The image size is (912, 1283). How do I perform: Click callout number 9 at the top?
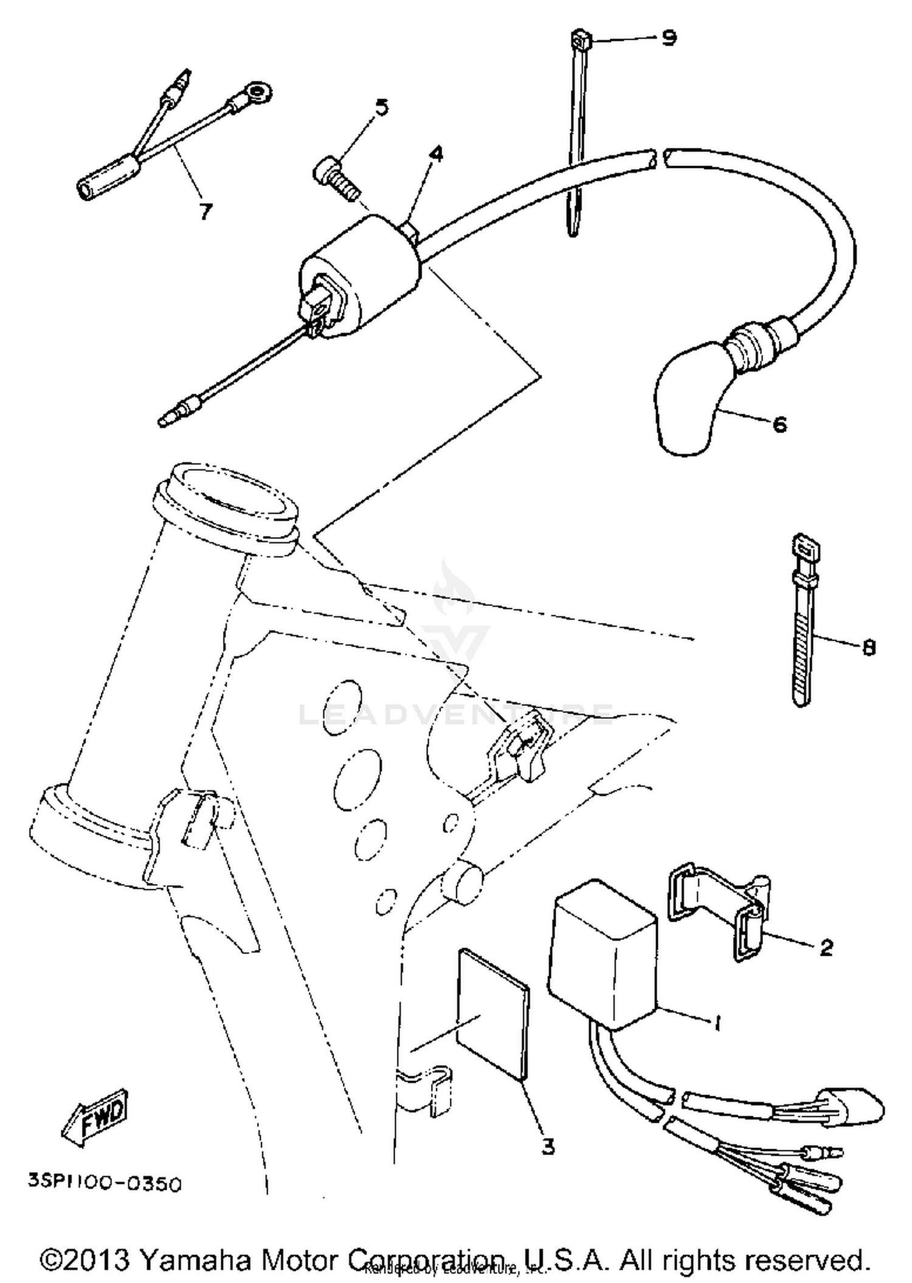[x=668, y=38]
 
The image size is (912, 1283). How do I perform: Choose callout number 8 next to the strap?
[x=869, y=648]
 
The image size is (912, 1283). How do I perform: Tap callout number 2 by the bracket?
[x=826, y=947]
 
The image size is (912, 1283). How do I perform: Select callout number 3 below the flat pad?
[x=548, y=1147]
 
